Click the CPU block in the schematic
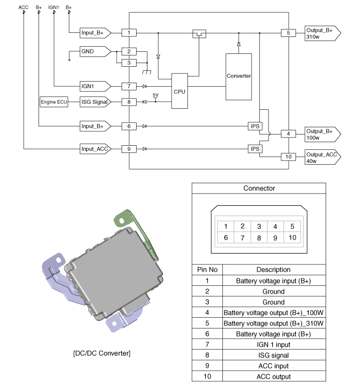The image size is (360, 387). [179, 91]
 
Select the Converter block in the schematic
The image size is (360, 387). [238, 76]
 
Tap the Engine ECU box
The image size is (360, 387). [54, 102]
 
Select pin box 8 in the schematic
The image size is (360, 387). [129, 102]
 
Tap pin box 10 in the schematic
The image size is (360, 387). [288, 157]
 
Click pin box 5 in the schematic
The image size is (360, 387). [288, 33]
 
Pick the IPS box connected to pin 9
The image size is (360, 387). [255, 149]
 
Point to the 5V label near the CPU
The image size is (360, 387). [156, 95]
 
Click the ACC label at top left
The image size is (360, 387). [23, 8]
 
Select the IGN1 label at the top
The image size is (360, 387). [53, 8]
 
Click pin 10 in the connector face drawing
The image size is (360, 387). [292, 237]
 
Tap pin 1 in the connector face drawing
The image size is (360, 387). [225, 226]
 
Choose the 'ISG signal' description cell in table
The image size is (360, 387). [273, 355]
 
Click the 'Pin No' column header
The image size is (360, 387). [207, 269]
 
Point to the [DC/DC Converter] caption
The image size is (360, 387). [102, 353]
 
